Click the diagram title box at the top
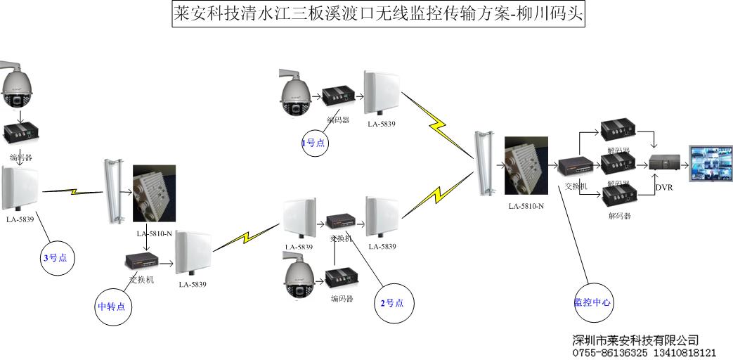[x=379, y=14]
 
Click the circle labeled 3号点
[x=55, y=257]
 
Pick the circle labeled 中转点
[x=114, y=306]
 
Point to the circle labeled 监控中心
[x=592, y=302]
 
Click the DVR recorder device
[x=664, y=163]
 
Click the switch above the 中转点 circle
[x=143, y=261]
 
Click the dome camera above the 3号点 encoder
[x=17, y=88]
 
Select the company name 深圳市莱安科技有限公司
[x=635, y=340]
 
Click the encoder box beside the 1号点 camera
[x=338, y=95]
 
